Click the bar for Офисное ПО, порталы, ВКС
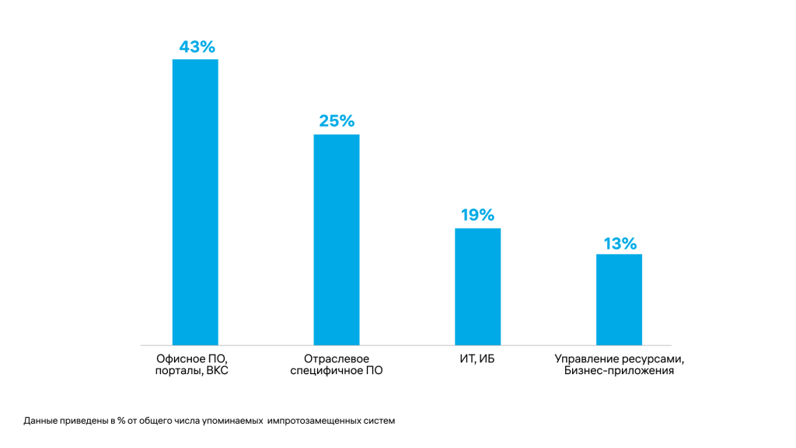195,202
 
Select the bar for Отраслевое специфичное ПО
337,240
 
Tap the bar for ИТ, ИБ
477,286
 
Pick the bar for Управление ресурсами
619,299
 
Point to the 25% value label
337,121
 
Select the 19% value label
477,215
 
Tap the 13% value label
620,243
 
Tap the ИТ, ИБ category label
477,359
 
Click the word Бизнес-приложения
619,372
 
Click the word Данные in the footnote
39,421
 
